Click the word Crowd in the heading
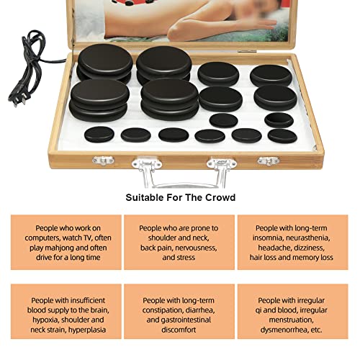[220, 197]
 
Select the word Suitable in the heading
[144, 197]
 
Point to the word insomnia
[267, 238]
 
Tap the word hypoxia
[45, 320]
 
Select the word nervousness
[196, 248]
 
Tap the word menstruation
[291, 320]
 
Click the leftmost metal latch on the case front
[103, 161]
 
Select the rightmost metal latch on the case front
[269, 161]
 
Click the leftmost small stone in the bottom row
[99, 134]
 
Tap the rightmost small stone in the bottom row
[282, 136]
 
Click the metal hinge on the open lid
[247, 51]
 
